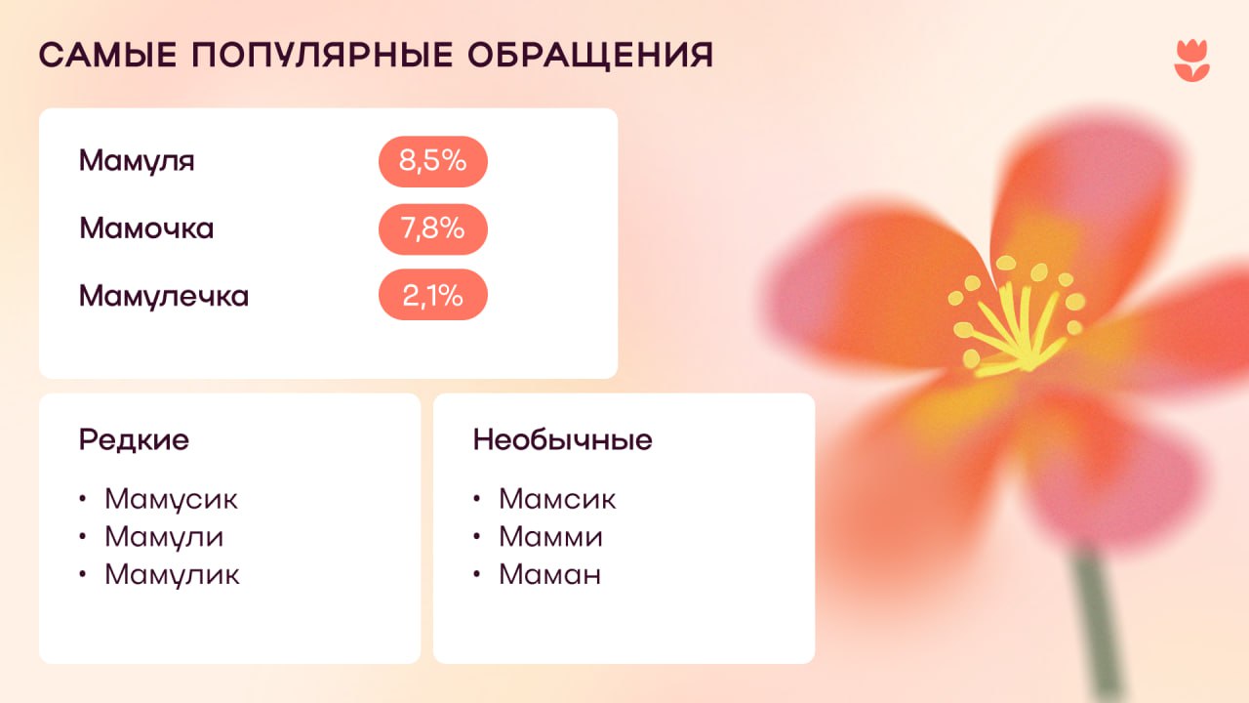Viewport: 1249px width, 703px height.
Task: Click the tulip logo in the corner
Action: [1191, 61]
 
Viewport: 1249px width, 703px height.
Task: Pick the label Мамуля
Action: [137, 161]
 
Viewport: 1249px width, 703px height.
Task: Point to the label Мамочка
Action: [146, 228]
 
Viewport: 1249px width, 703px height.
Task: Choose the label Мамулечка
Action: [164, 295]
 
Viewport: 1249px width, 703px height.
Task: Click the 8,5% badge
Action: [432, 161]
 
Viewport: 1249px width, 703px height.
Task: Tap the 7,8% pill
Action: [432, 228]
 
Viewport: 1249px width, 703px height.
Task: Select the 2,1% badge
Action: [432, 295]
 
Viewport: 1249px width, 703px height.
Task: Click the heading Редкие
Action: [134, 440]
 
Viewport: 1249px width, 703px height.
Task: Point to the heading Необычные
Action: [562, 440]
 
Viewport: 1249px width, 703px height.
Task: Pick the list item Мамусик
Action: [171, 499]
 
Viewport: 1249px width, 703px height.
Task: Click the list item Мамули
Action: [164, 537]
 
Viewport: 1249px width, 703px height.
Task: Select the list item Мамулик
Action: [172, 575]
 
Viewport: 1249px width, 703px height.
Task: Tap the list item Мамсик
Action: [557, 499]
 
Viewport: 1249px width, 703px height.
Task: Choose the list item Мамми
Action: [550, 537]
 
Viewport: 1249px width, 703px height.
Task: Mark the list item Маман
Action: [549, 575]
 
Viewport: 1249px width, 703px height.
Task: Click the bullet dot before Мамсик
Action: [477, 499]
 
